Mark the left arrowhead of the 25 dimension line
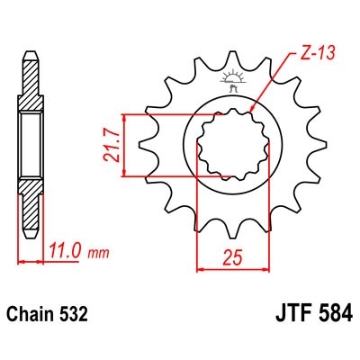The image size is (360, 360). pyautogui.click(x=200, y=267)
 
